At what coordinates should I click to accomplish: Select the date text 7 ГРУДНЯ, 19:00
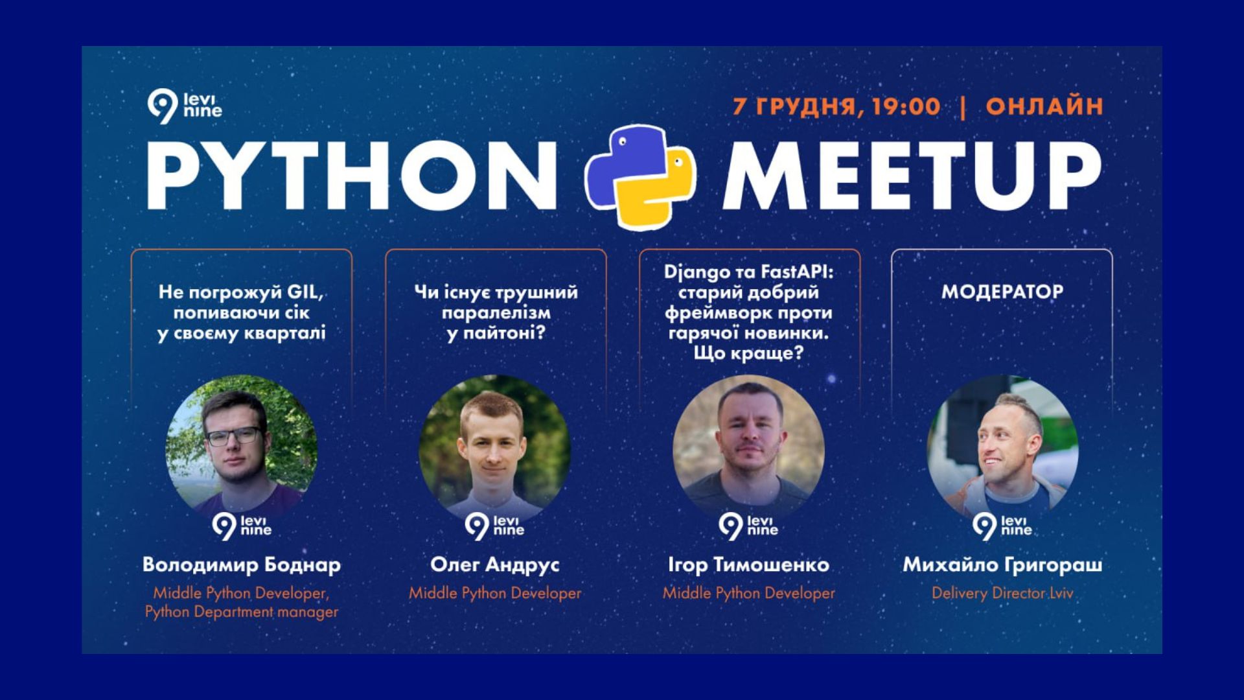[836, 106]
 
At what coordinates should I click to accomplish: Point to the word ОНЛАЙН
[1044, 106]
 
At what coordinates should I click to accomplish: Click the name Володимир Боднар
[242, 565]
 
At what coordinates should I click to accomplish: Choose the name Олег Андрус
[495, 565]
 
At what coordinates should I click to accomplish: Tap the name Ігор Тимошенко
[748, 565]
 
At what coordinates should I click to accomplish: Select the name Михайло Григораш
[1002, 565]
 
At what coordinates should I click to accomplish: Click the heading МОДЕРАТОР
[1002, 292]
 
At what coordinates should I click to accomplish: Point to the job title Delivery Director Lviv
[1002, 593]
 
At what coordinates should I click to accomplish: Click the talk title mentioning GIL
[242, 312]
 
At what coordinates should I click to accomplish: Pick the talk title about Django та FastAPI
[748, 312]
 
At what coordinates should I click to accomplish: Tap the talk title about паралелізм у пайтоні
[496, 312]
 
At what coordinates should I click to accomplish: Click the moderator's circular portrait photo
[1002, 451]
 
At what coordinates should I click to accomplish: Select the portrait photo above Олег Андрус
[495, 451]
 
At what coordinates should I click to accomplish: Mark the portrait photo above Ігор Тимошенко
[748, 451]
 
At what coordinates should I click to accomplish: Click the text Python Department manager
[242, 612]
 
